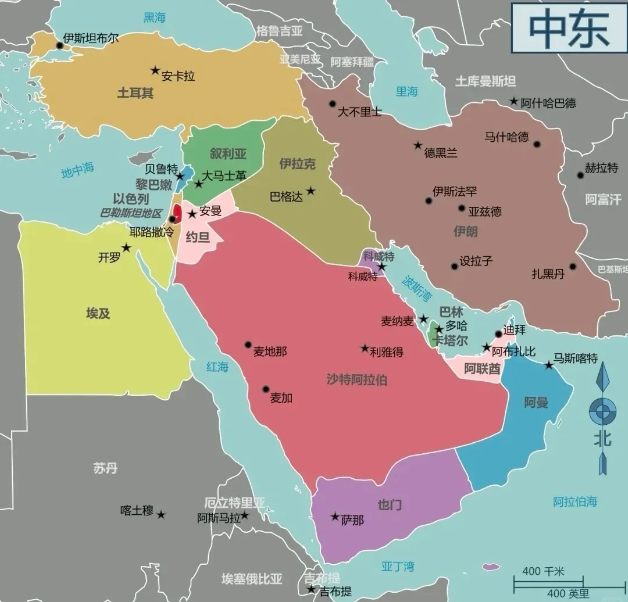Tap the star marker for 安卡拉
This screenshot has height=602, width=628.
tap(155, 70)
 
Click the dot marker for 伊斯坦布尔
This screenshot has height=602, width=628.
tap(59, 45)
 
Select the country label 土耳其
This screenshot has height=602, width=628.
tap(135, 93)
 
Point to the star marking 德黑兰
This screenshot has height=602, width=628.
tap(418, 145)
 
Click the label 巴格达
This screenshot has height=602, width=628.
tap(286, 197)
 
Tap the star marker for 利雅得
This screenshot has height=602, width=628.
tap(365, 349)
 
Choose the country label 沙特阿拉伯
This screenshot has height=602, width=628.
tap(356, 380)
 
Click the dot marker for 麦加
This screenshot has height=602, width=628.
tap(266, 389)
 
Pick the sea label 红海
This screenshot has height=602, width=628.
tap(217, 367)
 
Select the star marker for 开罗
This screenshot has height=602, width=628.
tap(126, 248)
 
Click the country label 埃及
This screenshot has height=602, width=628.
tap(98, 314)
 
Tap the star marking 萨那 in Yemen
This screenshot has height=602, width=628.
tap(335, 516)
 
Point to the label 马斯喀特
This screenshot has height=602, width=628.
tap(575, 359)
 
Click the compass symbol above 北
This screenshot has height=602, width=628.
tap(602, 411)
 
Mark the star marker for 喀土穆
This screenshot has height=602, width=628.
tap(161, 515)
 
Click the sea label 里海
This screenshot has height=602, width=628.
tap(407, 91)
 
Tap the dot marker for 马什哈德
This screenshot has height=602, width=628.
tap(537, 144)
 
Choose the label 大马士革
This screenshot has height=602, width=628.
tap(224, 175)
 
